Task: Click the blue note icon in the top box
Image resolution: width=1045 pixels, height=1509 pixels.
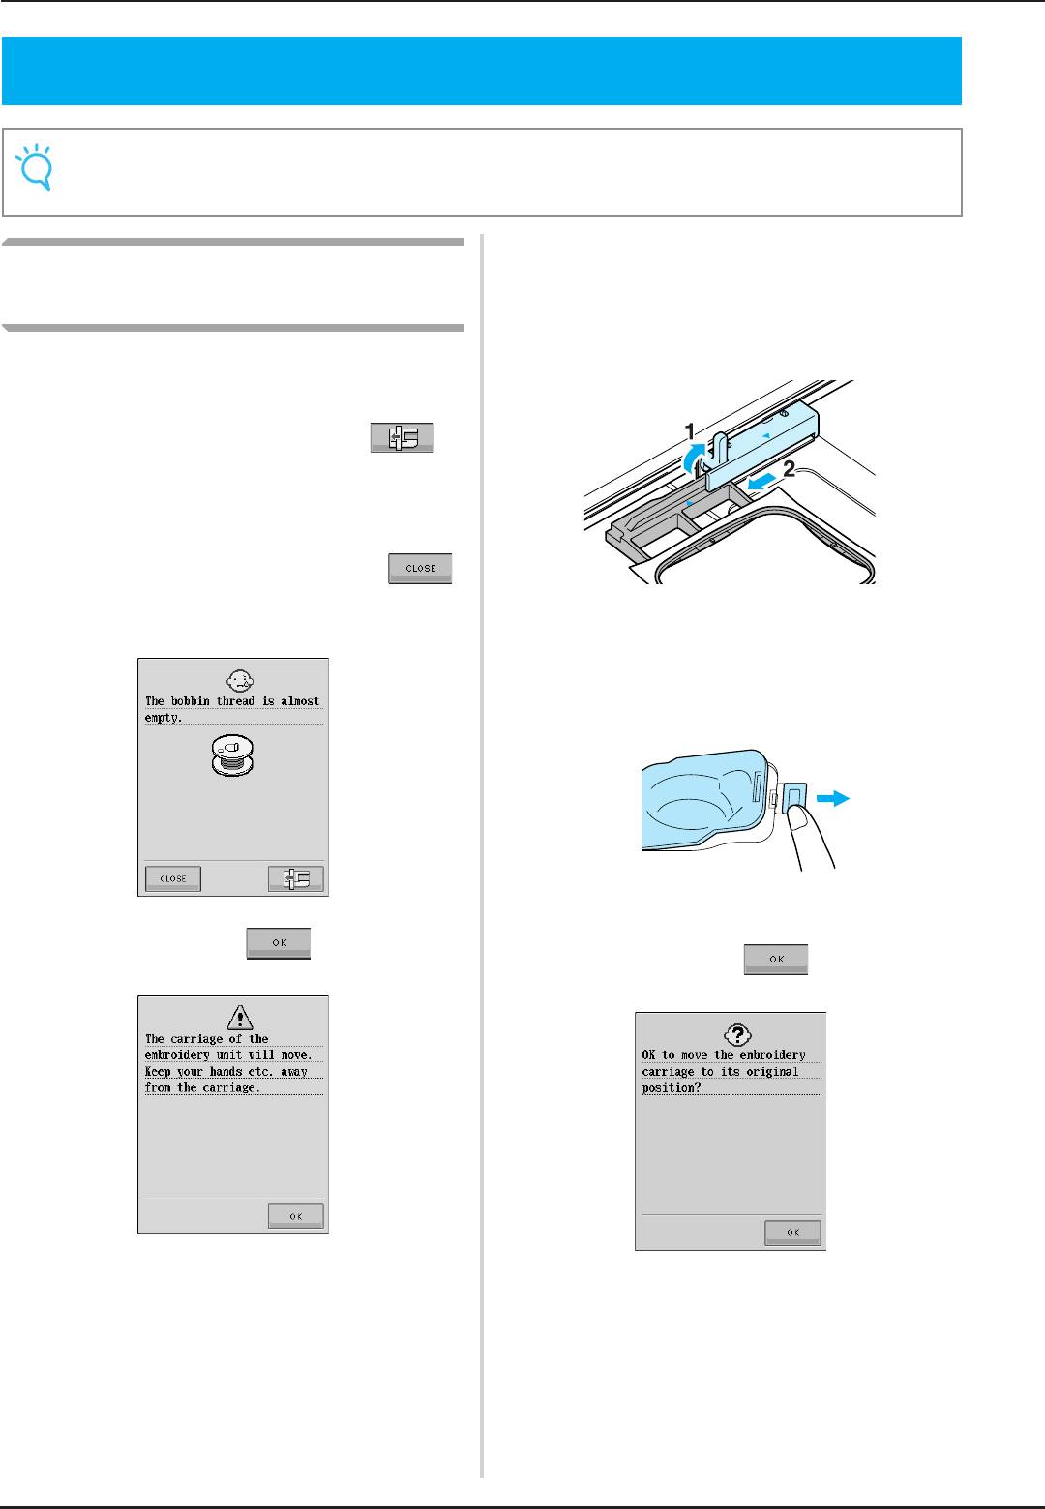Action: (x=35, y=166)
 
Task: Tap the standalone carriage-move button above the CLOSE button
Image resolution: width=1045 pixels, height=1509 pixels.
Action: (x=403, y=438)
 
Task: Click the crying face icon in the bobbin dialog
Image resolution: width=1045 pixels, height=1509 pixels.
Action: (x=240, y=680)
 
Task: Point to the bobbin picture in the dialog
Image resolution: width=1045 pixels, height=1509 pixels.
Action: (x=232, y=754)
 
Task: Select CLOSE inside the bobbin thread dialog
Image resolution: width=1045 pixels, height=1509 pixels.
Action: (x=173, y=878)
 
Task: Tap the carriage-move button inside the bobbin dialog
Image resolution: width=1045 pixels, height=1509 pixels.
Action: (x=296, y=878)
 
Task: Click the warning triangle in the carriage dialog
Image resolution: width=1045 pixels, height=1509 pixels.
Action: (x=240, y=1018)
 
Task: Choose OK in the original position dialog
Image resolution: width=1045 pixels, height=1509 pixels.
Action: (x=793, y=1232)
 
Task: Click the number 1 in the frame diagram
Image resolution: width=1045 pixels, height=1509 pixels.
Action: (x=689, y=431)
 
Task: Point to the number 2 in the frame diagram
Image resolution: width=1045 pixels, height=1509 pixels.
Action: (x=789, y=469)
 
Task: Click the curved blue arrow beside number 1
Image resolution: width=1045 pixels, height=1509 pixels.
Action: (x=693, y=459)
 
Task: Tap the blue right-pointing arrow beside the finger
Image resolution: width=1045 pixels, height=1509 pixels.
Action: (x=833, y=798)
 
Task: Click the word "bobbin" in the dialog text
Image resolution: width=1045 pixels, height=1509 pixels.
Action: (x=190, y=701)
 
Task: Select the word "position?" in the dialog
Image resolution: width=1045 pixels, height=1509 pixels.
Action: (x=672, y=1088)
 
